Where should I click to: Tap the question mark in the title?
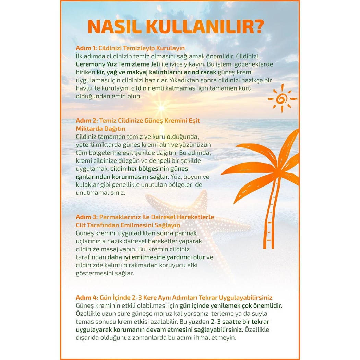[260, 27]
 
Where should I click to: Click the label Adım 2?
[87, 121]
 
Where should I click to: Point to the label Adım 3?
[87, 217]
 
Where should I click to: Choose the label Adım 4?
[87, 298]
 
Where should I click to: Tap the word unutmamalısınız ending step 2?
[96, 193]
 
